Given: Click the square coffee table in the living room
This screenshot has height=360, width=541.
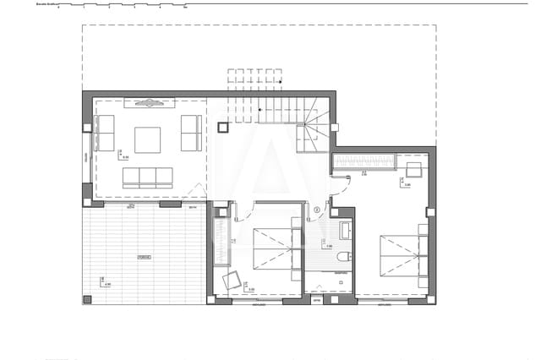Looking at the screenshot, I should point(147,139).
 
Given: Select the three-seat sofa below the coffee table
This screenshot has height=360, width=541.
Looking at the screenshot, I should point(147,177).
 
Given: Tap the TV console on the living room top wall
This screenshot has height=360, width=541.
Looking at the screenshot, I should point(150,103).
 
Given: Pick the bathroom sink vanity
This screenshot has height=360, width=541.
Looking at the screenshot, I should point(346,230).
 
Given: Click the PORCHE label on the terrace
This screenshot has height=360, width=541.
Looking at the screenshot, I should point(145,256).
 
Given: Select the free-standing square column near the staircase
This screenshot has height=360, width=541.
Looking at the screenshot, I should point(223,128).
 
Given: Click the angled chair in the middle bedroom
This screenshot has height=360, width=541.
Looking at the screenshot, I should point(231,280).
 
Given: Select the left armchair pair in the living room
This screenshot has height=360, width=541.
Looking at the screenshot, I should point(105,134).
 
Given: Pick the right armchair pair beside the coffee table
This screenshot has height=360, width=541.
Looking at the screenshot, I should point(191,134).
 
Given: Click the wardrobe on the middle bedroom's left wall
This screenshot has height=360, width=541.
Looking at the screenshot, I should point(221,241).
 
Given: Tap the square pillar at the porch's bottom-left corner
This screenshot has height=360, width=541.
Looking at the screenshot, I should point(87,299).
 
